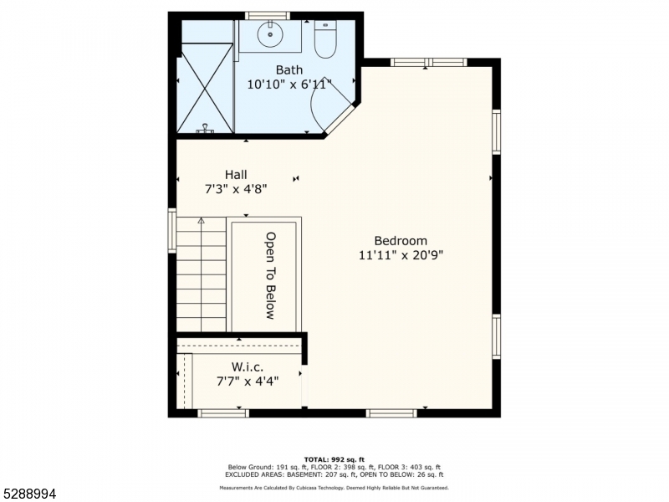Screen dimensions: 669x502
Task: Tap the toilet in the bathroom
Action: click(325, 39)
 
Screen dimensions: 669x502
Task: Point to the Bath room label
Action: click(289, 69)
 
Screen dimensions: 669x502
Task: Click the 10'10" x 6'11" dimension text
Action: click(289, 85)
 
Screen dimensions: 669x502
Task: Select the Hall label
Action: click(236, 175)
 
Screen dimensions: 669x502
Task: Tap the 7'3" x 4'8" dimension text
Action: click(236, 189)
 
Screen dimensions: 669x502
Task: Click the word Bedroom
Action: click(401, 241)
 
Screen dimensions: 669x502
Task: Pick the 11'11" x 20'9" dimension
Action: click(401, 255)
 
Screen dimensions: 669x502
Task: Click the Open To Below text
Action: click(270, 276)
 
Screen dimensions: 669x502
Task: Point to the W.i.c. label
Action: click(248, 366)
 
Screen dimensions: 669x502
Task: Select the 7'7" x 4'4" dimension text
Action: click(248, 381)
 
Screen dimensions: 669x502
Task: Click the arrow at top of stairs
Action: click(201, 221)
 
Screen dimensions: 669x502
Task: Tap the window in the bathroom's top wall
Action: click(268, 16)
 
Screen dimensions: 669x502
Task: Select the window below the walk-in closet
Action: click(223, 412)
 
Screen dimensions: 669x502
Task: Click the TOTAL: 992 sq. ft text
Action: click(334, 459)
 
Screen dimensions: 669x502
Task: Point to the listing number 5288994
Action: click(28, 494)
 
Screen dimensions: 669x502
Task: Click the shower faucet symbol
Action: click(205, 129)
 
